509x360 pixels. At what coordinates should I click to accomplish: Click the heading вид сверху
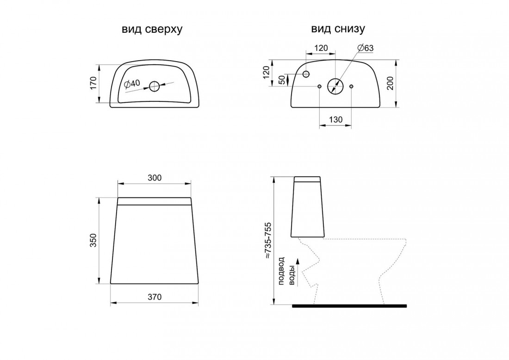click(152, 29)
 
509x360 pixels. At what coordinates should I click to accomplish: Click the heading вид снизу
click(338, 29)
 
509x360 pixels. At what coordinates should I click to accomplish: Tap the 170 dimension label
click(93, 83)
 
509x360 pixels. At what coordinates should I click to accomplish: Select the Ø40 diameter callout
click(132, 84)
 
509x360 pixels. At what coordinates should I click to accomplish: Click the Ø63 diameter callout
click(366, 48)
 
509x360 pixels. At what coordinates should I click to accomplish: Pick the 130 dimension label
click(335, 120)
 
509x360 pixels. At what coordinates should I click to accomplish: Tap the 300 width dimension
click(155, 178)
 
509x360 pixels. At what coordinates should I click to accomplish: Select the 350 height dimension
click(93, 240)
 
